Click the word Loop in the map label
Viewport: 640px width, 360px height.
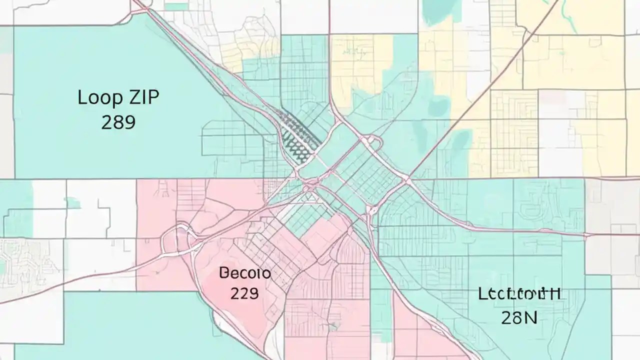(x=97, y=97)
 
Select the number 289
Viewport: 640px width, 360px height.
(x=118, y=121)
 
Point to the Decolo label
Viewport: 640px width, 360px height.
(x=244, y=273)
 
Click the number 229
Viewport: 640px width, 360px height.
(x=244, y=293)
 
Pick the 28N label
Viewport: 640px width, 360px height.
(x=519, y=316)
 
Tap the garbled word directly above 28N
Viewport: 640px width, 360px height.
(x=519, y=293)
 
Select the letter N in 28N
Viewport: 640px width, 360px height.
(x=530, y=316)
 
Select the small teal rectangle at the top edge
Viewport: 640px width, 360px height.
(x=176, y=6)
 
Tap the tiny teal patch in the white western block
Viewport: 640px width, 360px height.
(x=72, y=203)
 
